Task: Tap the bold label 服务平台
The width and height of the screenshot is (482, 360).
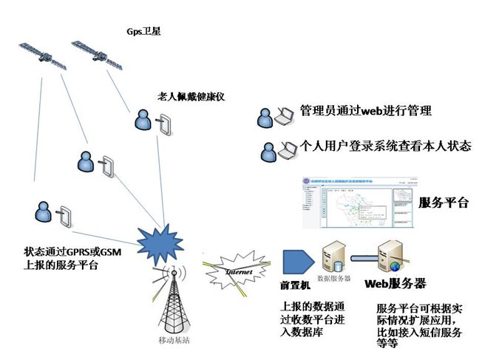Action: pos(444,203)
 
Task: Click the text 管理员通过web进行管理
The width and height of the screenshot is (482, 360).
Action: pos(365,112)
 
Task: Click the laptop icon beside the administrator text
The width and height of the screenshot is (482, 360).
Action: pos(282,115)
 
